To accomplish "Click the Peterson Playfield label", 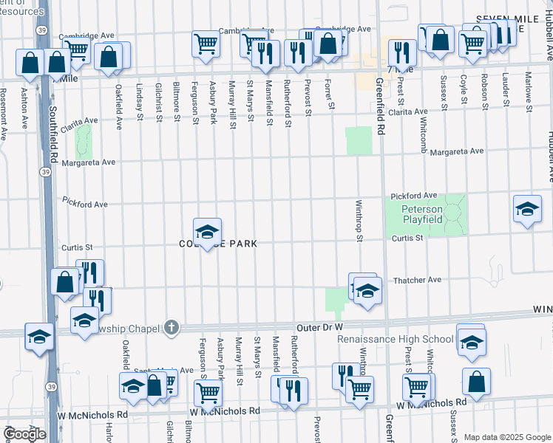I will [x=421, y=214].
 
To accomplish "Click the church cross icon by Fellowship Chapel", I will [x=172, y=326].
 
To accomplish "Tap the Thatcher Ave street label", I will [x=417, y=280].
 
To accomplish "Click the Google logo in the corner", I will [x=24, y=434].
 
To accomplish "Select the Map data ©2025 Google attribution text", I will [x=507, y=437].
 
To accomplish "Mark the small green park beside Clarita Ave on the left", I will [x=84, y=140].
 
